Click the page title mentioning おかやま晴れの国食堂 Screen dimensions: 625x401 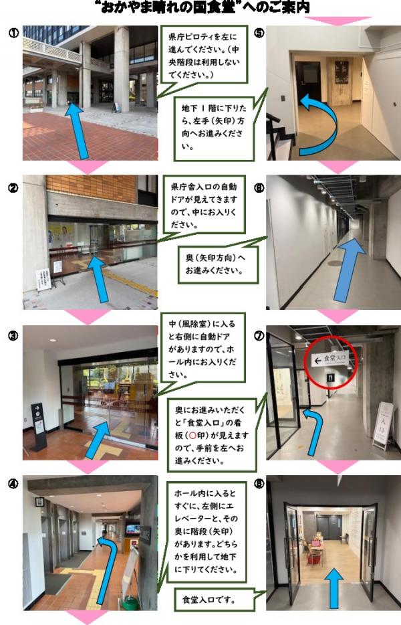pos(200,7)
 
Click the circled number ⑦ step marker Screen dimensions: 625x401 pos(260,335)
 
